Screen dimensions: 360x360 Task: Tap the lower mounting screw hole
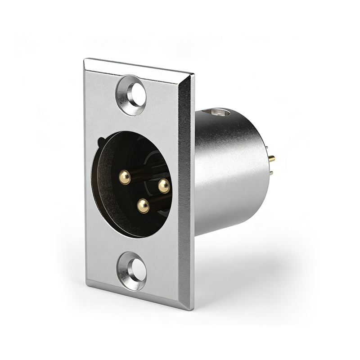[x=136, y=270]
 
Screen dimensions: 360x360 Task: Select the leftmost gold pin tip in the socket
[x=125, y=177]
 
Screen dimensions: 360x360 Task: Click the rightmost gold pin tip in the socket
[x=164, y=184]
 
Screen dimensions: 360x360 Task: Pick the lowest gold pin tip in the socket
[x=144, y=206]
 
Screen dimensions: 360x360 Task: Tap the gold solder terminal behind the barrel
[x=272, y=158]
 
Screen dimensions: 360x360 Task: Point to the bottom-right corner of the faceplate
[x=193, y=310]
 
